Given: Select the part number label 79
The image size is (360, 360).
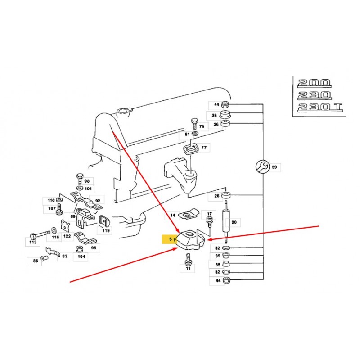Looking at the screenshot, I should pos(202,127).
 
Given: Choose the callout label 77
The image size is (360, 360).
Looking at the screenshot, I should pos(204,148).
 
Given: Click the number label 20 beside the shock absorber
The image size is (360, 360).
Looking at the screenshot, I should pos(234,222).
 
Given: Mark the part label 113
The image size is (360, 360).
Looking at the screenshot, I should pos(32,242).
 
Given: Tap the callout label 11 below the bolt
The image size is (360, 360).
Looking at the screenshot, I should pos(188,268).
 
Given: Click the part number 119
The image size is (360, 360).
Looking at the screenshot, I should pos(106,231).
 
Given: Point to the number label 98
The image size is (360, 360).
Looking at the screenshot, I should pos(87,180).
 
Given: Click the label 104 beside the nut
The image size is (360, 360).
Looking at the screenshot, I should pos(81,256).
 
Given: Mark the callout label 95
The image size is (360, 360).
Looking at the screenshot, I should pos(93,247).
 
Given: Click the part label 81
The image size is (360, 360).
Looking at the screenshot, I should pos(187,135).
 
